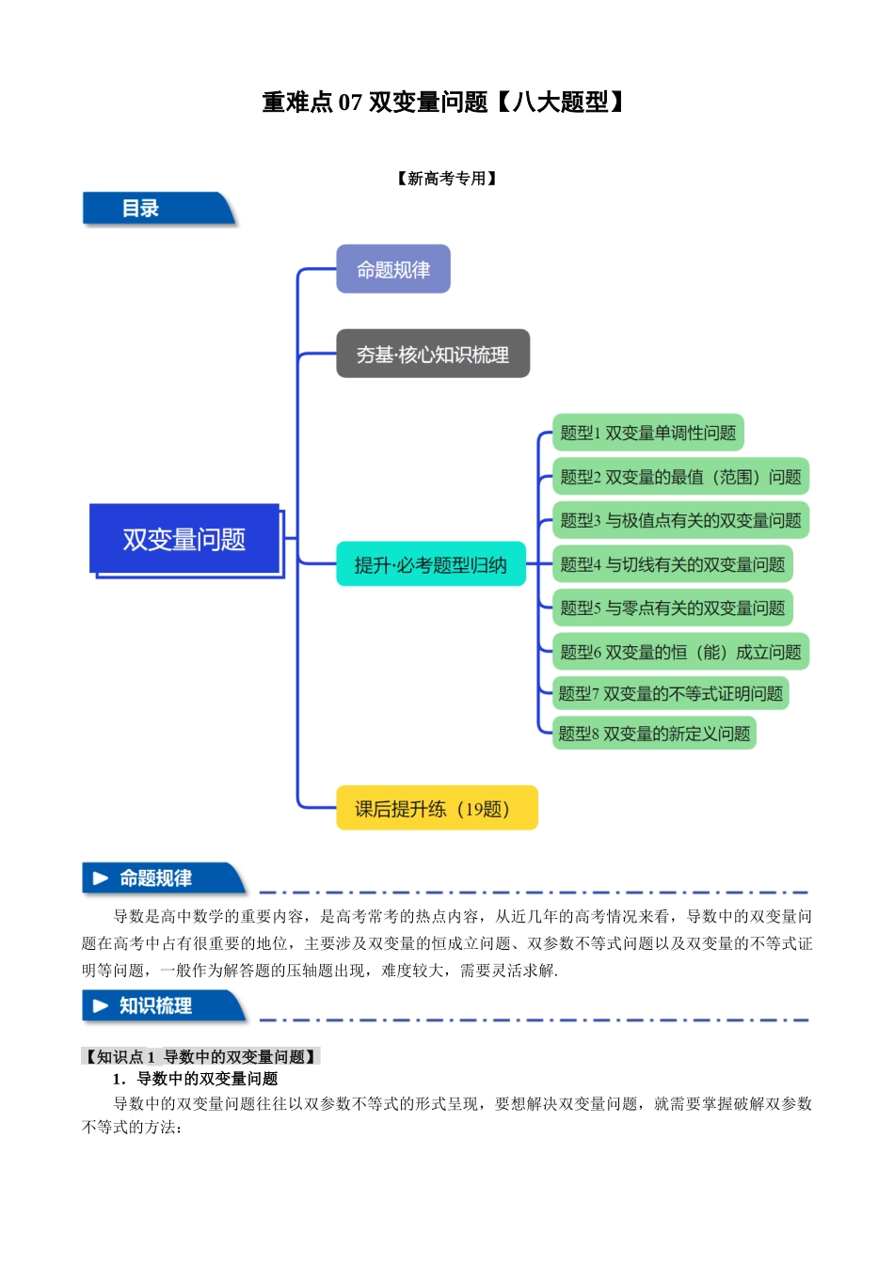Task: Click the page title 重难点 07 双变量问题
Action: click(x=443, y=103)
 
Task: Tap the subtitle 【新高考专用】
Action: click(x=447, y=179)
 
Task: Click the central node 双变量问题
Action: click(x=185, y=540)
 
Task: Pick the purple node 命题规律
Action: click(x=393, y=270)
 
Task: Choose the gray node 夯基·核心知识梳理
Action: click(x=433, y=355)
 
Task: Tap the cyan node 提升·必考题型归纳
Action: click(x=431, y=564)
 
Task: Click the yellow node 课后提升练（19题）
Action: click(x=437, y=809)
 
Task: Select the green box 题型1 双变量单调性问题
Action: click(x=647, y=433)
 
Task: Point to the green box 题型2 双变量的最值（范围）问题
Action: click(x=679, y=477)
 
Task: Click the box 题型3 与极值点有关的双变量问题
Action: click(x=679, y=520)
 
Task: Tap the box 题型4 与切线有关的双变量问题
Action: click(x=672, y=564)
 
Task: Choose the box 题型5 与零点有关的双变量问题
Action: click(x=672, y=608)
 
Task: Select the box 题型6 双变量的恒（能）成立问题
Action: click(x=679, y=652)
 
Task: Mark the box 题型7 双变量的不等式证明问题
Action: click(x=670, y=694)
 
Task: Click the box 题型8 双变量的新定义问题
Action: click(x=654, y=734)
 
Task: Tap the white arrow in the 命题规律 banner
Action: click(x=101, y=878)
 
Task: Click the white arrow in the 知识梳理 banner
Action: click(x=101, y=1006)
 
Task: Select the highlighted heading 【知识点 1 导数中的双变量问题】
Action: click(x=201, y=1057)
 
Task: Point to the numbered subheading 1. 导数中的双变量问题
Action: click(x=195, y=1079)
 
